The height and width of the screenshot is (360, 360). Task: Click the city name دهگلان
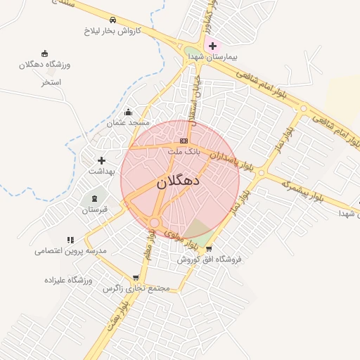(178, 182)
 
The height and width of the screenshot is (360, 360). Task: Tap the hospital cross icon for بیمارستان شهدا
(213, 46)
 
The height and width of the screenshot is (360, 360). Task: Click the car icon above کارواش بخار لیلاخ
(113, 20)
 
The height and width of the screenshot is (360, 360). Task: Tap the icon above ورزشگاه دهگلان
(46, 53)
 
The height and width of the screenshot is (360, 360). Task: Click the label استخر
(51, 82)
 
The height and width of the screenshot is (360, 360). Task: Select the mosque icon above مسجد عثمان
(128, 112)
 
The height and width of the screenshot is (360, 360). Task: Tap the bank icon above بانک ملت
(184, 141)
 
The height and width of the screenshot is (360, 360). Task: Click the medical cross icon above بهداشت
(101, 160)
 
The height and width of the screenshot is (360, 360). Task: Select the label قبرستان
(95, 210)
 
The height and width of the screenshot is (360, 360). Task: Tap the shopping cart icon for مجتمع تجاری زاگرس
(136, 278)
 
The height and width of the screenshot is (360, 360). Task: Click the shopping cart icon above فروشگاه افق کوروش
(209, 248)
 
